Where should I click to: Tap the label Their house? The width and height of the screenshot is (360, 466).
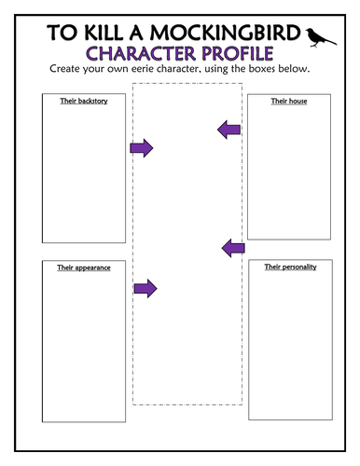[282, 99]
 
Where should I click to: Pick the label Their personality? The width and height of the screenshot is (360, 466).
[283, 267]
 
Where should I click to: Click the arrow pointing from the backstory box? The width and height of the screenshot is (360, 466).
[141, 147]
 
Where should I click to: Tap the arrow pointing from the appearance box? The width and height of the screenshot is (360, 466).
[145, 289]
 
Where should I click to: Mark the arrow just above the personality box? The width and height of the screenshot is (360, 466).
[232, 247]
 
